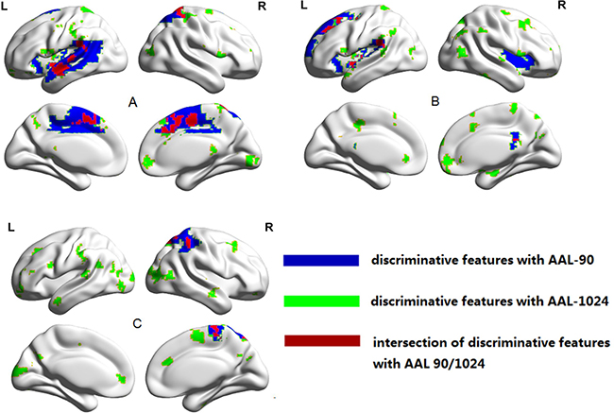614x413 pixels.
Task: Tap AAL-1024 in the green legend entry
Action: tap(557, 301)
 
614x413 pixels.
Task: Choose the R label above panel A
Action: tap(260, 8)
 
